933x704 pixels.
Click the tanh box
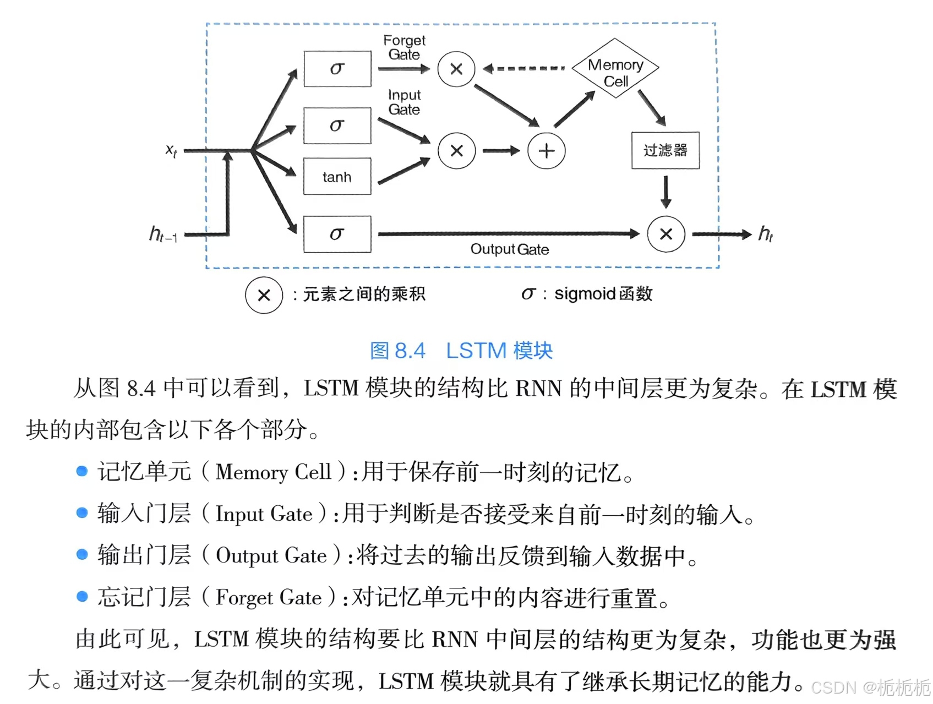pos(337,177)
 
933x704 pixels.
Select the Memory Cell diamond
pos(615,69)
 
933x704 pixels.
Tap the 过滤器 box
pos(665,150)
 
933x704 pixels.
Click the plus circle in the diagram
pos(546,151)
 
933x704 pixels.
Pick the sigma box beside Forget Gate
pos(337,69)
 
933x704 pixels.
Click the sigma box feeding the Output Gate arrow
pos(337,234)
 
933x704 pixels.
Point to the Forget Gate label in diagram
pos(404,47)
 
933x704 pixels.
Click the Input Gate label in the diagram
pos(404,102)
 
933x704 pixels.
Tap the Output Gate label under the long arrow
pos(509,249)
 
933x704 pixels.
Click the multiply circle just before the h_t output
pos(665,234)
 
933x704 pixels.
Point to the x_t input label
pos(172,150)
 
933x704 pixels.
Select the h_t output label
pos(765,234)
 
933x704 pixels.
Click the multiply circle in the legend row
pos(264,295)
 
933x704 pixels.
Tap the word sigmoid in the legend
pos(585,294)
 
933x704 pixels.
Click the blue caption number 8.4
pos(410,351)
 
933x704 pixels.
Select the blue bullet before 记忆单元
pos(82,471)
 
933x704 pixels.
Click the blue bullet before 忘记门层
pos(82,597)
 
